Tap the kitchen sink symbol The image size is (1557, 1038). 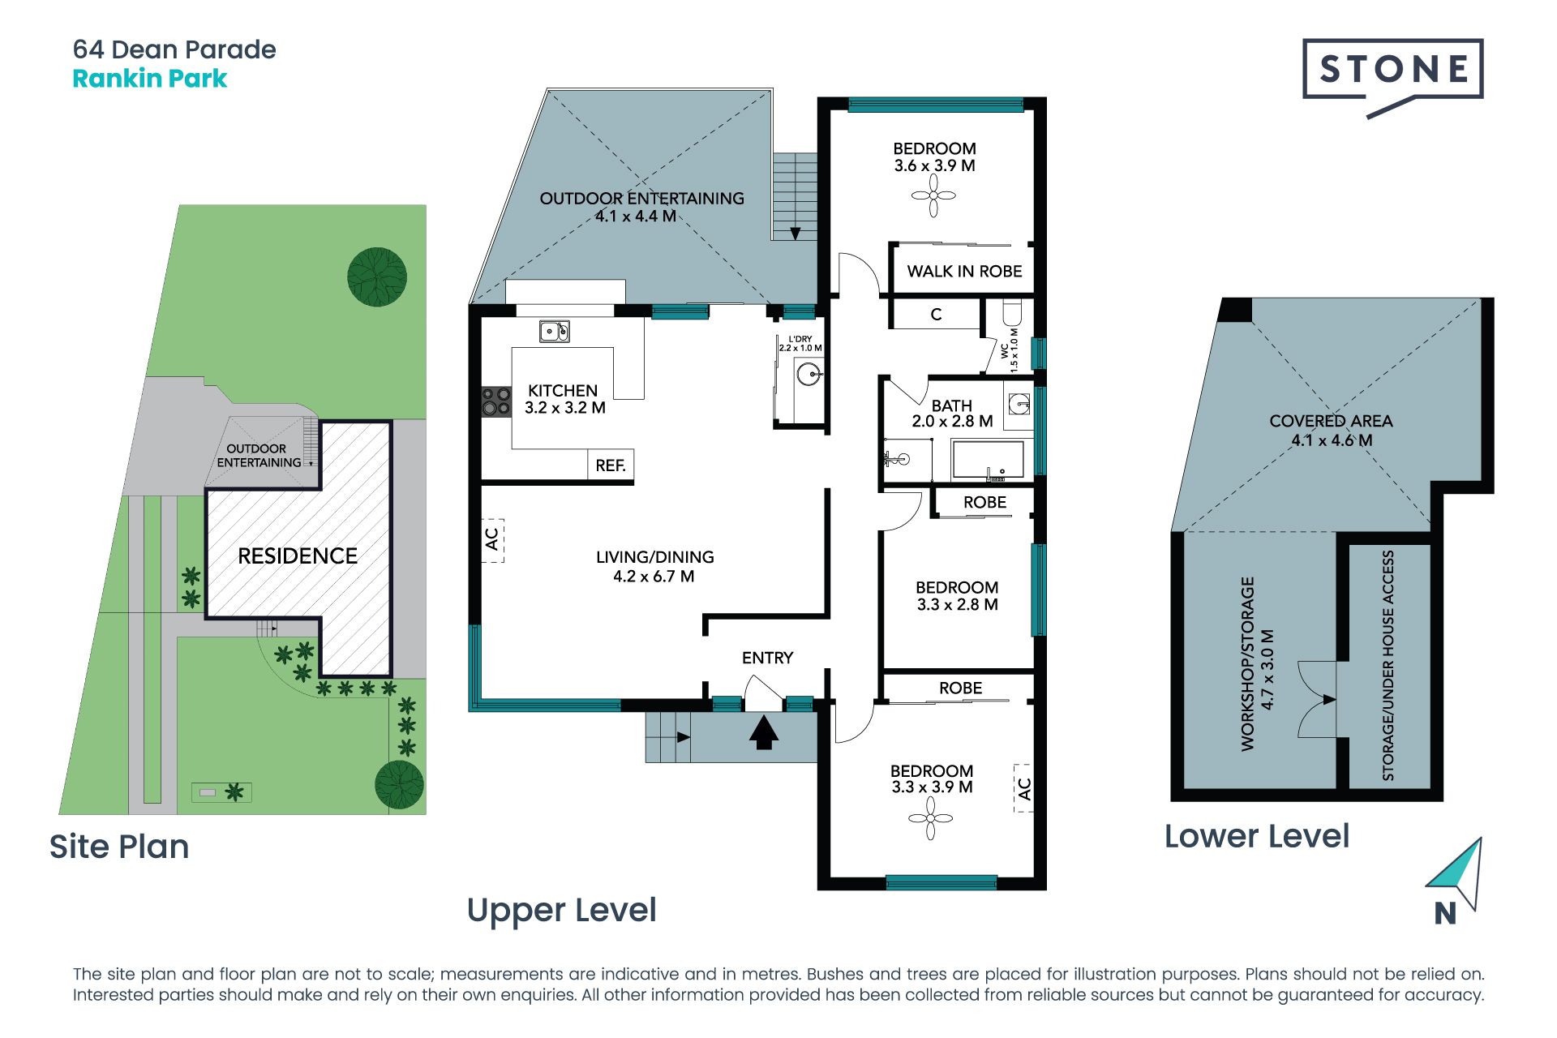click(555, 331)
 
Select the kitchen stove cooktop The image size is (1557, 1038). click(496, 401)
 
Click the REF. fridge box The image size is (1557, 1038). click(611, 465)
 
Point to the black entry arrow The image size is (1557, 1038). click(763, 733)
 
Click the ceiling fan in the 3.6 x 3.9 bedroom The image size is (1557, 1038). click(933, 195)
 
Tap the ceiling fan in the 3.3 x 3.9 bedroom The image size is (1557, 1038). click(930, 818)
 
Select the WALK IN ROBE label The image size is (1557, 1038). click(964, 272)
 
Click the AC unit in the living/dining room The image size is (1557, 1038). click(492, 540)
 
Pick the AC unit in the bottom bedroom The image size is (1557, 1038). click(1023, 787)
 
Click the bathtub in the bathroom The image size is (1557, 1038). click(987, 461)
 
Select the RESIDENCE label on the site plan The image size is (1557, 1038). click(298, 556)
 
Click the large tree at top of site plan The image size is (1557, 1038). click(377, 277)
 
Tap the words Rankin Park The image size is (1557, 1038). click(150, 79)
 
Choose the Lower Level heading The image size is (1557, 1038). click(1257, 836)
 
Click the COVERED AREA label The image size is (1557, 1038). click(1331, 422)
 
